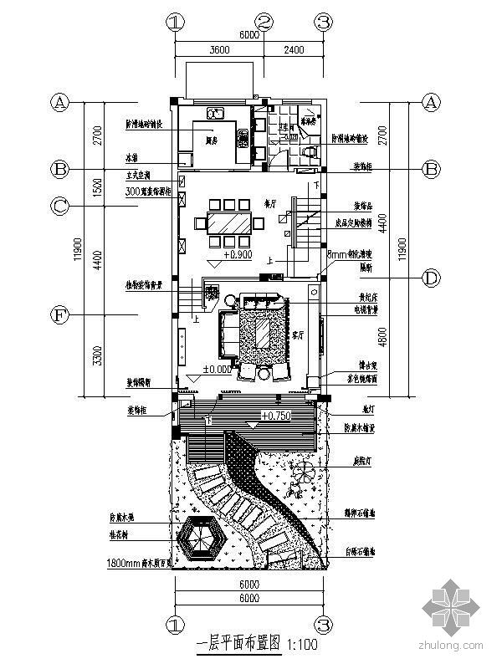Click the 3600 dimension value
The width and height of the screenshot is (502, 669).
point(218,50)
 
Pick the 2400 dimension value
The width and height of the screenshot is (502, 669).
point(294,50)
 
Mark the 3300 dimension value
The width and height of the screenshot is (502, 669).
point(97,357)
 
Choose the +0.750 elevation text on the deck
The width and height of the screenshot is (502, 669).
point(277,415)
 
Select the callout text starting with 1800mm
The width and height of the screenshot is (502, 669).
point(141,563)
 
